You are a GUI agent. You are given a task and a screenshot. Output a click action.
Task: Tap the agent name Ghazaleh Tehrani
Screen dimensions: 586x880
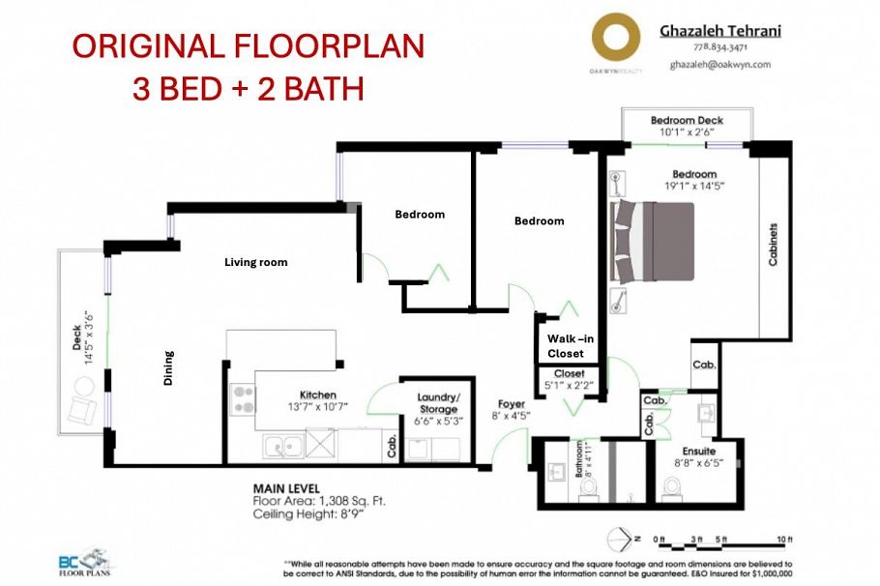click(x=719, y=31)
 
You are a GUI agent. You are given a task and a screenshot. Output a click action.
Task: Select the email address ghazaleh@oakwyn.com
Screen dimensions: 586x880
click(x=719, y=64)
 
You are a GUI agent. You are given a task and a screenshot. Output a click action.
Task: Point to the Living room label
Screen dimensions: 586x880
click(x=255, y=262)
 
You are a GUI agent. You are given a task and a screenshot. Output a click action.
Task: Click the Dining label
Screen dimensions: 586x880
click(x=167, y=367)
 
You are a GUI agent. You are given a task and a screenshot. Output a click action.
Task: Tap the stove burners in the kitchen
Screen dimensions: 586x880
click(x=242, y=400)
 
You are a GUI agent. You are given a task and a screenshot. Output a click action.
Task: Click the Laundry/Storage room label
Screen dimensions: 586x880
click(x=438, y=403)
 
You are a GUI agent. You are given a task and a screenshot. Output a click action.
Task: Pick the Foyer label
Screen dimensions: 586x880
click(x=511, y=403)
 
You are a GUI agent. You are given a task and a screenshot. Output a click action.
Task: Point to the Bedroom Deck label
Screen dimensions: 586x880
click(x=687, y=120)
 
